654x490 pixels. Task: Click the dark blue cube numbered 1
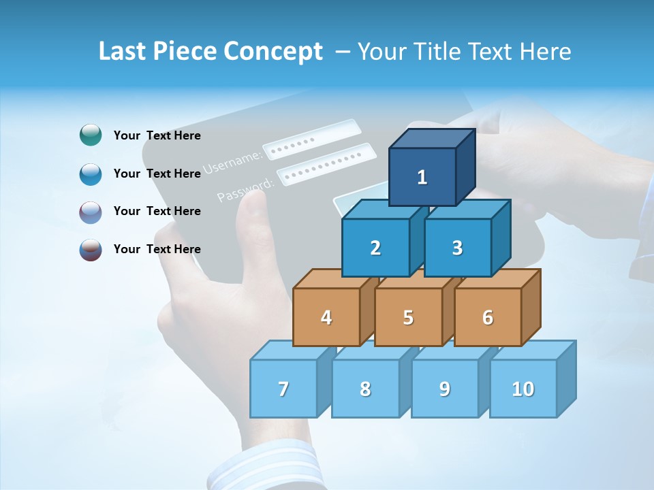click(422, 177)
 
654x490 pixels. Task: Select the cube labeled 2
click(375, 248)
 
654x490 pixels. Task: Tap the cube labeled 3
click(457, 248)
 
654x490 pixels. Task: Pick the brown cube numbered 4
click(326, 317)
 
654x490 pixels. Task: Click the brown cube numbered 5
click(408, 317)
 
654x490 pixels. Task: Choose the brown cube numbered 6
click(488, 317)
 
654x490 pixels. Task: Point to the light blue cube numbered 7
click(283, 389)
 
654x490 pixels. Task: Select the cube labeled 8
click(365, 389)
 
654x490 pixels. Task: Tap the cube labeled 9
click(444, 389)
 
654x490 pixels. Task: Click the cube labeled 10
click(523, 389)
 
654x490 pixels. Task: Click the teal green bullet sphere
click(91, 135)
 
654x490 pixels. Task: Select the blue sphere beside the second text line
click(91, 174)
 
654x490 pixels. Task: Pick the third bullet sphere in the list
click(91, 212)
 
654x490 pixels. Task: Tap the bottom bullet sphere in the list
click(91, 249)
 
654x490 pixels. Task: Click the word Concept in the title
click(272, 52)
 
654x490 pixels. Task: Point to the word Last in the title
click(124, 52)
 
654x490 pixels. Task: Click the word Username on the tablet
click(233, 162)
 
